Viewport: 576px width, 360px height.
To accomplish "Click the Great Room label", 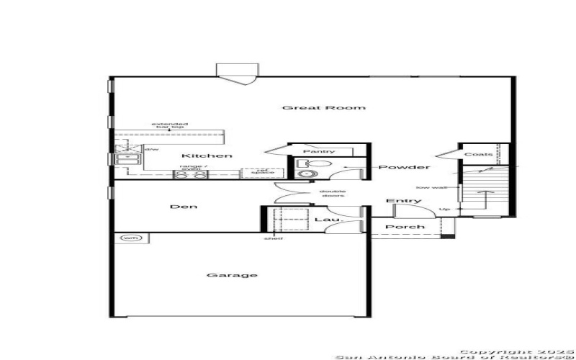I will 323,108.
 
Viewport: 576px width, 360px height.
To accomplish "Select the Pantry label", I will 318,151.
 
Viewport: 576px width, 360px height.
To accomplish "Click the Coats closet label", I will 478,154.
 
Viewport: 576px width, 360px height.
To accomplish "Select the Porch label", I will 405,228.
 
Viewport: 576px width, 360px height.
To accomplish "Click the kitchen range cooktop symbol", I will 191,174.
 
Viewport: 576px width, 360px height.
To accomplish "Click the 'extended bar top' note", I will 169,125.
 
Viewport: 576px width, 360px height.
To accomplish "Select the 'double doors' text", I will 333,193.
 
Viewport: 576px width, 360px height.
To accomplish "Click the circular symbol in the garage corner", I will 130,238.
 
